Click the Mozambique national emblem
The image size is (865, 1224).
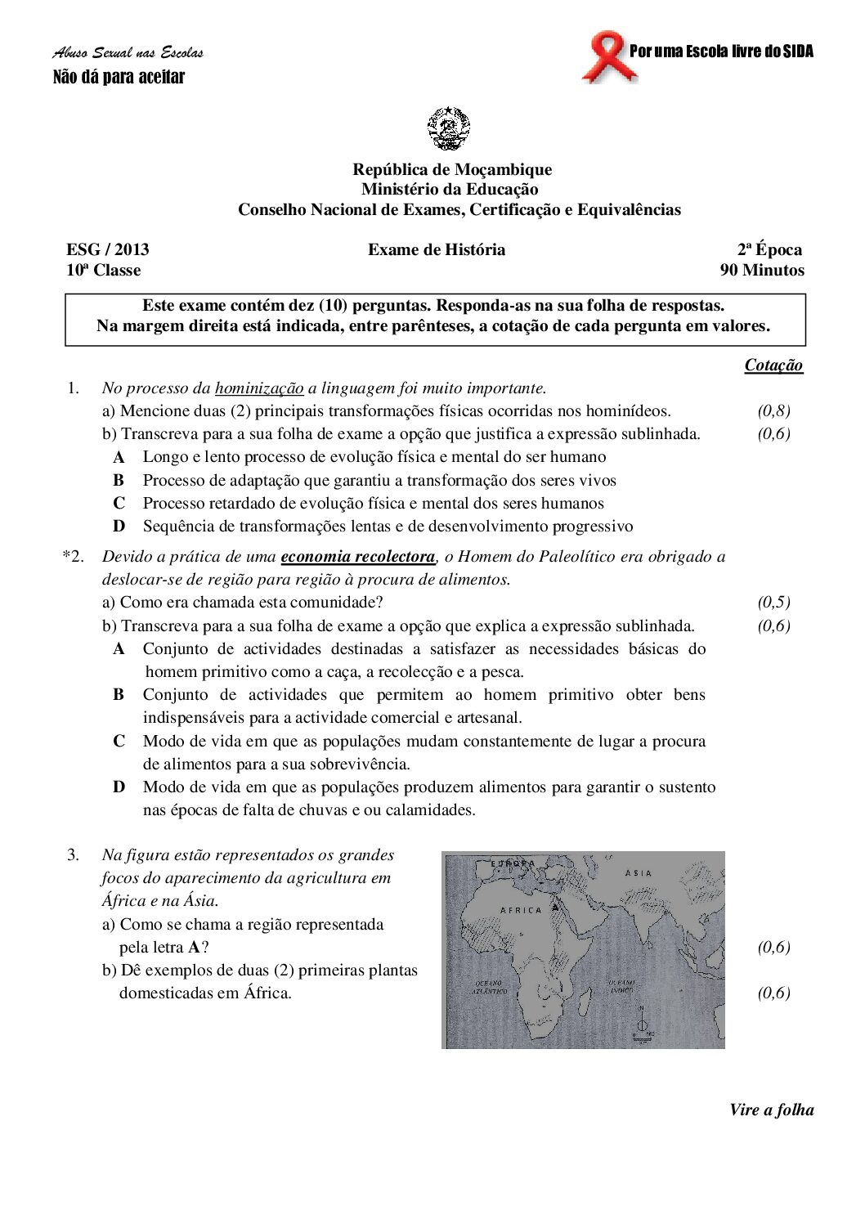449,128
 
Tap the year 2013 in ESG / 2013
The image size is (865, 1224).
132,250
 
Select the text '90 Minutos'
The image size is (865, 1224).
761,271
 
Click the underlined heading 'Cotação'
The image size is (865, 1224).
773,365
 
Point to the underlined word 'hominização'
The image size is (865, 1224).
259,388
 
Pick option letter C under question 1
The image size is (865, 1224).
119,504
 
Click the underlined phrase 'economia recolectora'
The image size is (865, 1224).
358,557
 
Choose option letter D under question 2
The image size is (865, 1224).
119,787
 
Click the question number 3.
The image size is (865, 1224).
74,855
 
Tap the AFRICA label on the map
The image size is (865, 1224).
521,910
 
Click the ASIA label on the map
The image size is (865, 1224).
639,873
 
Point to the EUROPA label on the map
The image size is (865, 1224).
513,863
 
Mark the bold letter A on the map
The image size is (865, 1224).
556,907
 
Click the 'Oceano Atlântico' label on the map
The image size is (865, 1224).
488,987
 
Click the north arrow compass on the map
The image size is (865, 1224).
643,1022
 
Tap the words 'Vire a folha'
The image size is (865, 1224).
771,1110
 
